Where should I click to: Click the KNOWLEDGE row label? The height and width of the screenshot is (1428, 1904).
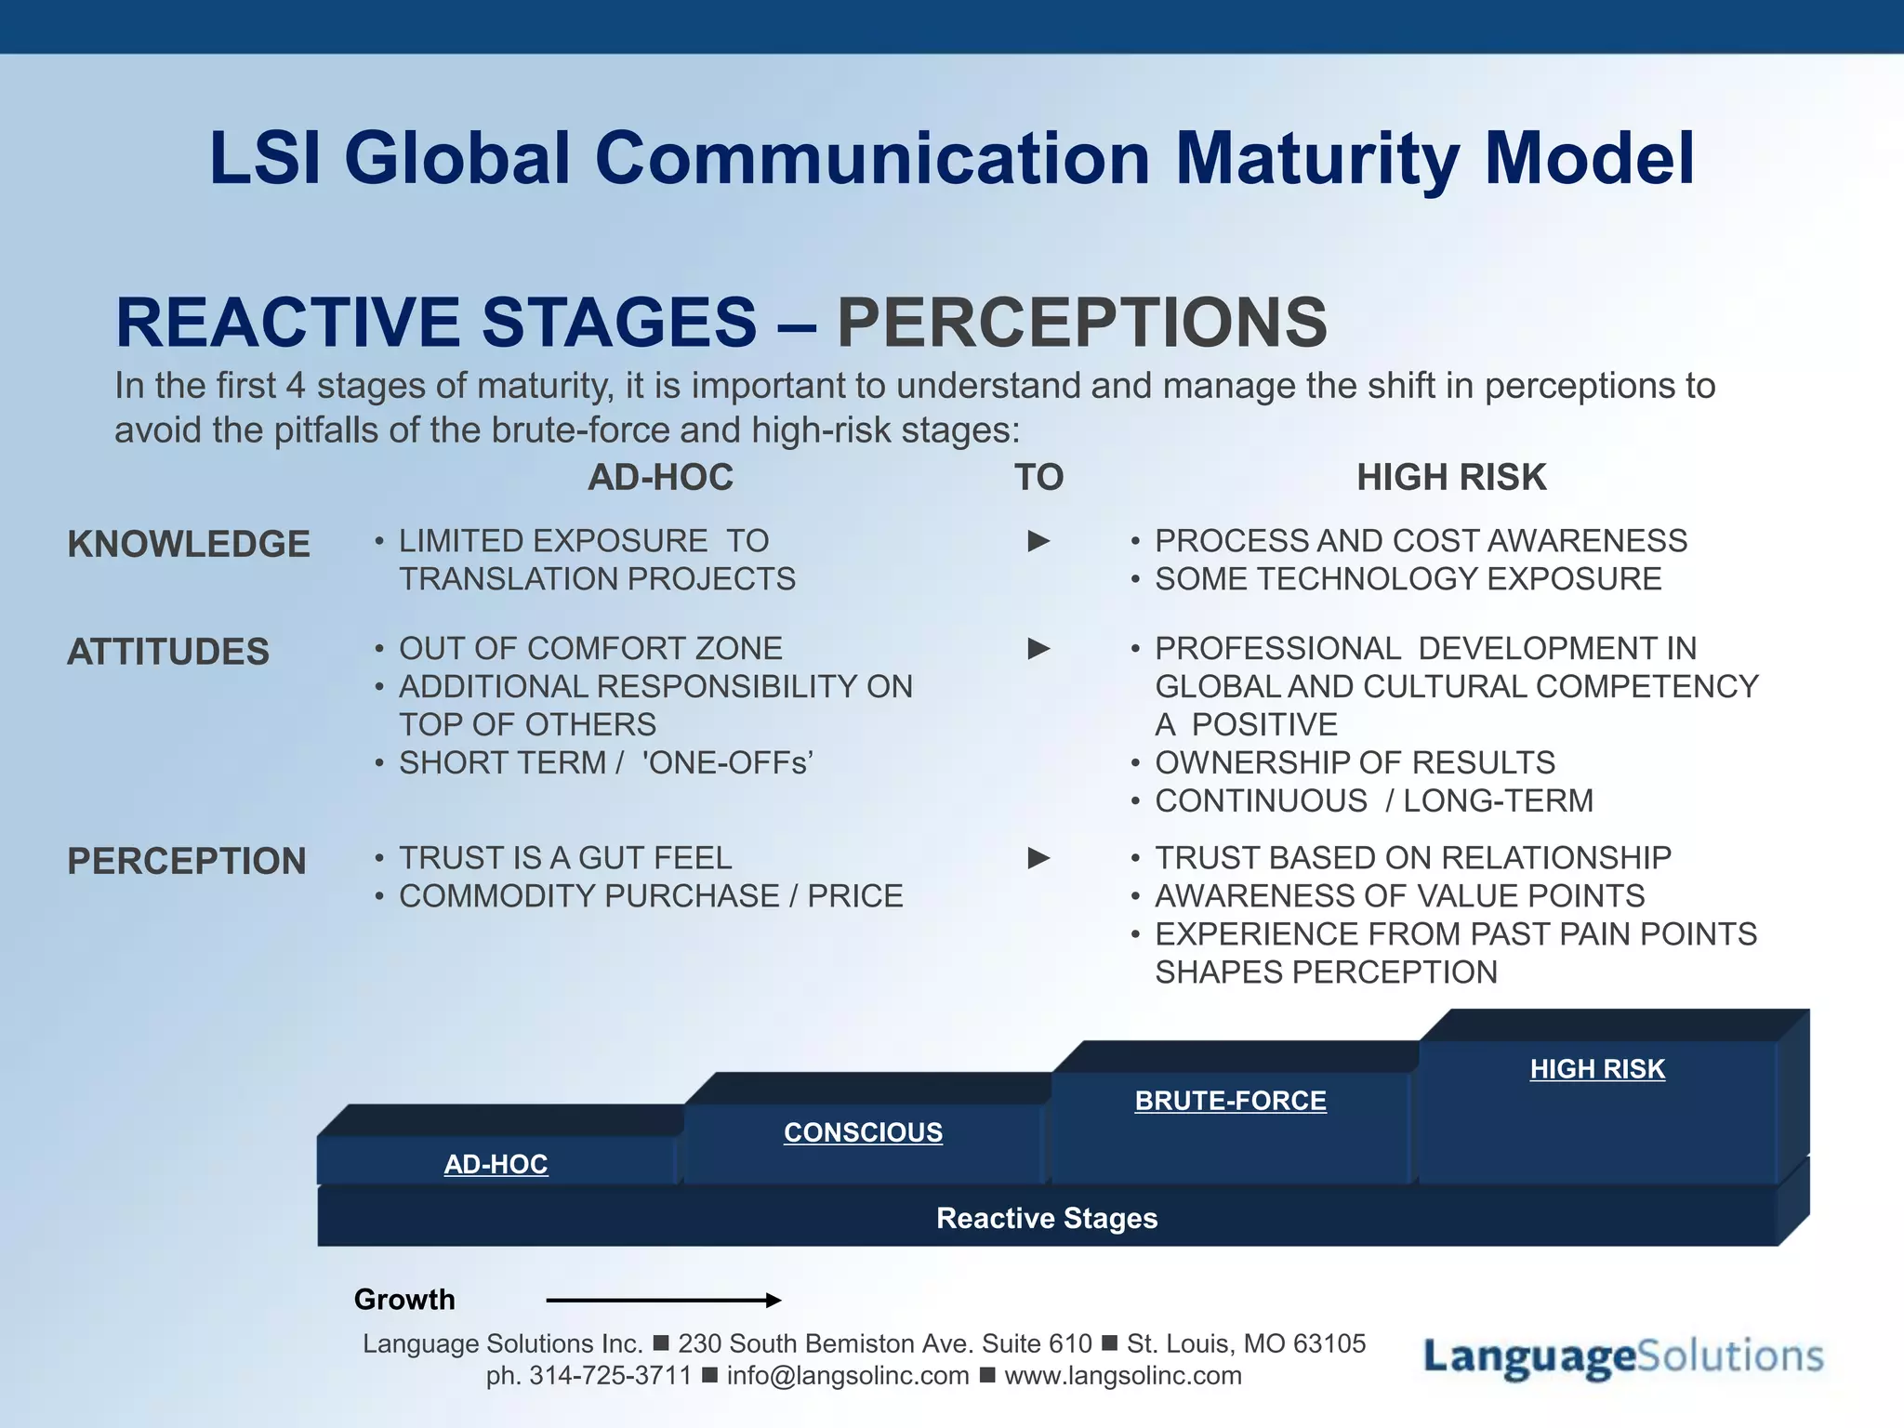tap(189, 544)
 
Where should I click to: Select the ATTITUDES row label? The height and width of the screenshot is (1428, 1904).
tap(168, 652)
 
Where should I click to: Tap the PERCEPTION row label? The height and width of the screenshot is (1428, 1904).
tap(187, 861)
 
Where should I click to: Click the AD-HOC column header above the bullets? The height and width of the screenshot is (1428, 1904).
tap(660, 477)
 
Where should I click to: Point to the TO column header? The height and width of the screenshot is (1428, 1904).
tap(1038, 477)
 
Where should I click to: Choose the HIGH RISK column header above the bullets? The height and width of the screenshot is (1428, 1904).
tap(1450, 477)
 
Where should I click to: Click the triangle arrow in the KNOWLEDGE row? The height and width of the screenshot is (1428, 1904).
tap(1038, 541)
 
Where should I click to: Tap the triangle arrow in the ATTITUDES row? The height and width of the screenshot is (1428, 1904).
tap(1038, 649)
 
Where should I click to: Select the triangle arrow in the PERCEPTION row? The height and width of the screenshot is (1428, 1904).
tap(1038, 858)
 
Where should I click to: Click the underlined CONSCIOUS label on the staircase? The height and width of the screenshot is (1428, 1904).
tap(863, 1132)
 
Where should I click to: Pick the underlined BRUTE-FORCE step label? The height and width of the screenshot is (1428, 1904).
tap(1230, 1101)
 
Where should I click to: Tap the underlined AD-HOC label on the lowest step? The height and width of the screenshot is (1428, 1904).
tap(496, 1164)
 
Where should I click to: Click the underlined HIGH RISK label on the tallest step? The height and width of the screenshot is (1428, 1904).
tap(1597, 1069)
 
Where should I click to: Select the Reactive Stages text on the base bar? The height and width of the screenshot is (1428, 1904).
tap(1047, 1218)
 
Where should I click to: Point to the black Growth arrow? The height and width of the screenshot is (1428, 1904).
tap(663, 1300)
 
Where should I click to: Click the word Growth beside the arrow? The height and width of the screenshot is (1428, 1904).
tap(404, 1299)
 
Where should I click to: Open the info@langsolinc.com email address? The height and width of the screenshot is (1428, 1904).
tap(847, 1375)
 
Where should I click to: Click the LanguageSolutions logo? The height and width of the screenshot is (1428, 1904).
tap(1622, 1356)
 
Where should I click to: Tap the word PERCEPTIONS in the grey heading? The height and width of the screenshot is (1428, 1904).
tap(1081, 323)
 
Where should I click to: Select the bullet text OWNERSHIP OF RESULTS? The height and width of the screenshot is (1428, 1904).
tap(1355, 762)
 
